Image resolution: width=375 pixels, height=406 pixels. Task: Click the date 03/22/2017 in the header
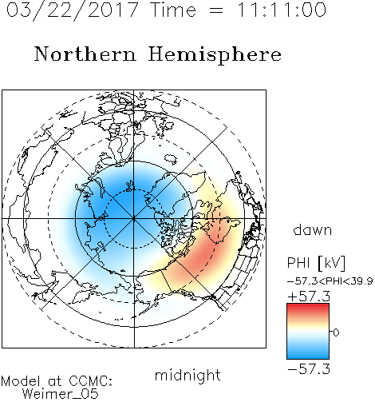point(73,10)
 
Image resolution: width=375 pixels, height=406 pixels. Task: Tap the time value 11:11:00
point(281,10)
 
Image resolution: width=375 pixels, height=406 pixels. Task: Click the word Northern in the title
point(85,54)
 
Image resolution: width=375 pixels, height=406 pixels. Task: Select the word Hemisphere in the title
point(215,55)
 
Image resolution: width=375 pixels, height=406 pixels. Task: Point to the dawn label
point(313,230)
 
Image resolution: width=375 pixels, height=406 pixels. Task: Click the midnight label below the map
point(187,375)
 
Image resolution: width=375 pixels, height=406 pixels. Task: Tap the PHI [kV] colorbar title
point(316,263)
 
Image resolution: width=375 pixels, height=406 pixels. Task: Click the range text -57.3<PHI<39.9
point(330,281)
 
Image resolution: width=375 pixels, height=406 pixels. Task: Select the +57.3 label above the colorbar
point(309,297)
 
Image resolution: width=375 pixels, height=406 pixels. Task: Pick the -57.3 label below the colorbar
point(309,369)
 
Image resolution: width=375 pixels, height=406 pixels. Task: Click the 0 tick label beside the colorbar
point(336,332)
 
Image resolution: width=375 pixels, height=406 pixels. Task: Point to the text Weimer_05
point(61,394)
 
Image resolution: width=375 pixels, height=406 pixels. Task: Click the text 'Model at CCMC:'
point(57,381)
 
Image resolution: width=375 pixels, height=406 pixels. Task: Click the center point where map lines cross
point(134,219)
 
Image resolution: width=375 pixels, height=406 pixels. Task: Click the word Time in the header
point(173,10)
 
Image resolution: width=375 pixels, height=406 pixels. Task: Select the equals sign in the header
point(216,10)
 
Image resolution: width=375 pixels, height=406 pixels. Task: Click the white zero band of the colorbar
point(308,332)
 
